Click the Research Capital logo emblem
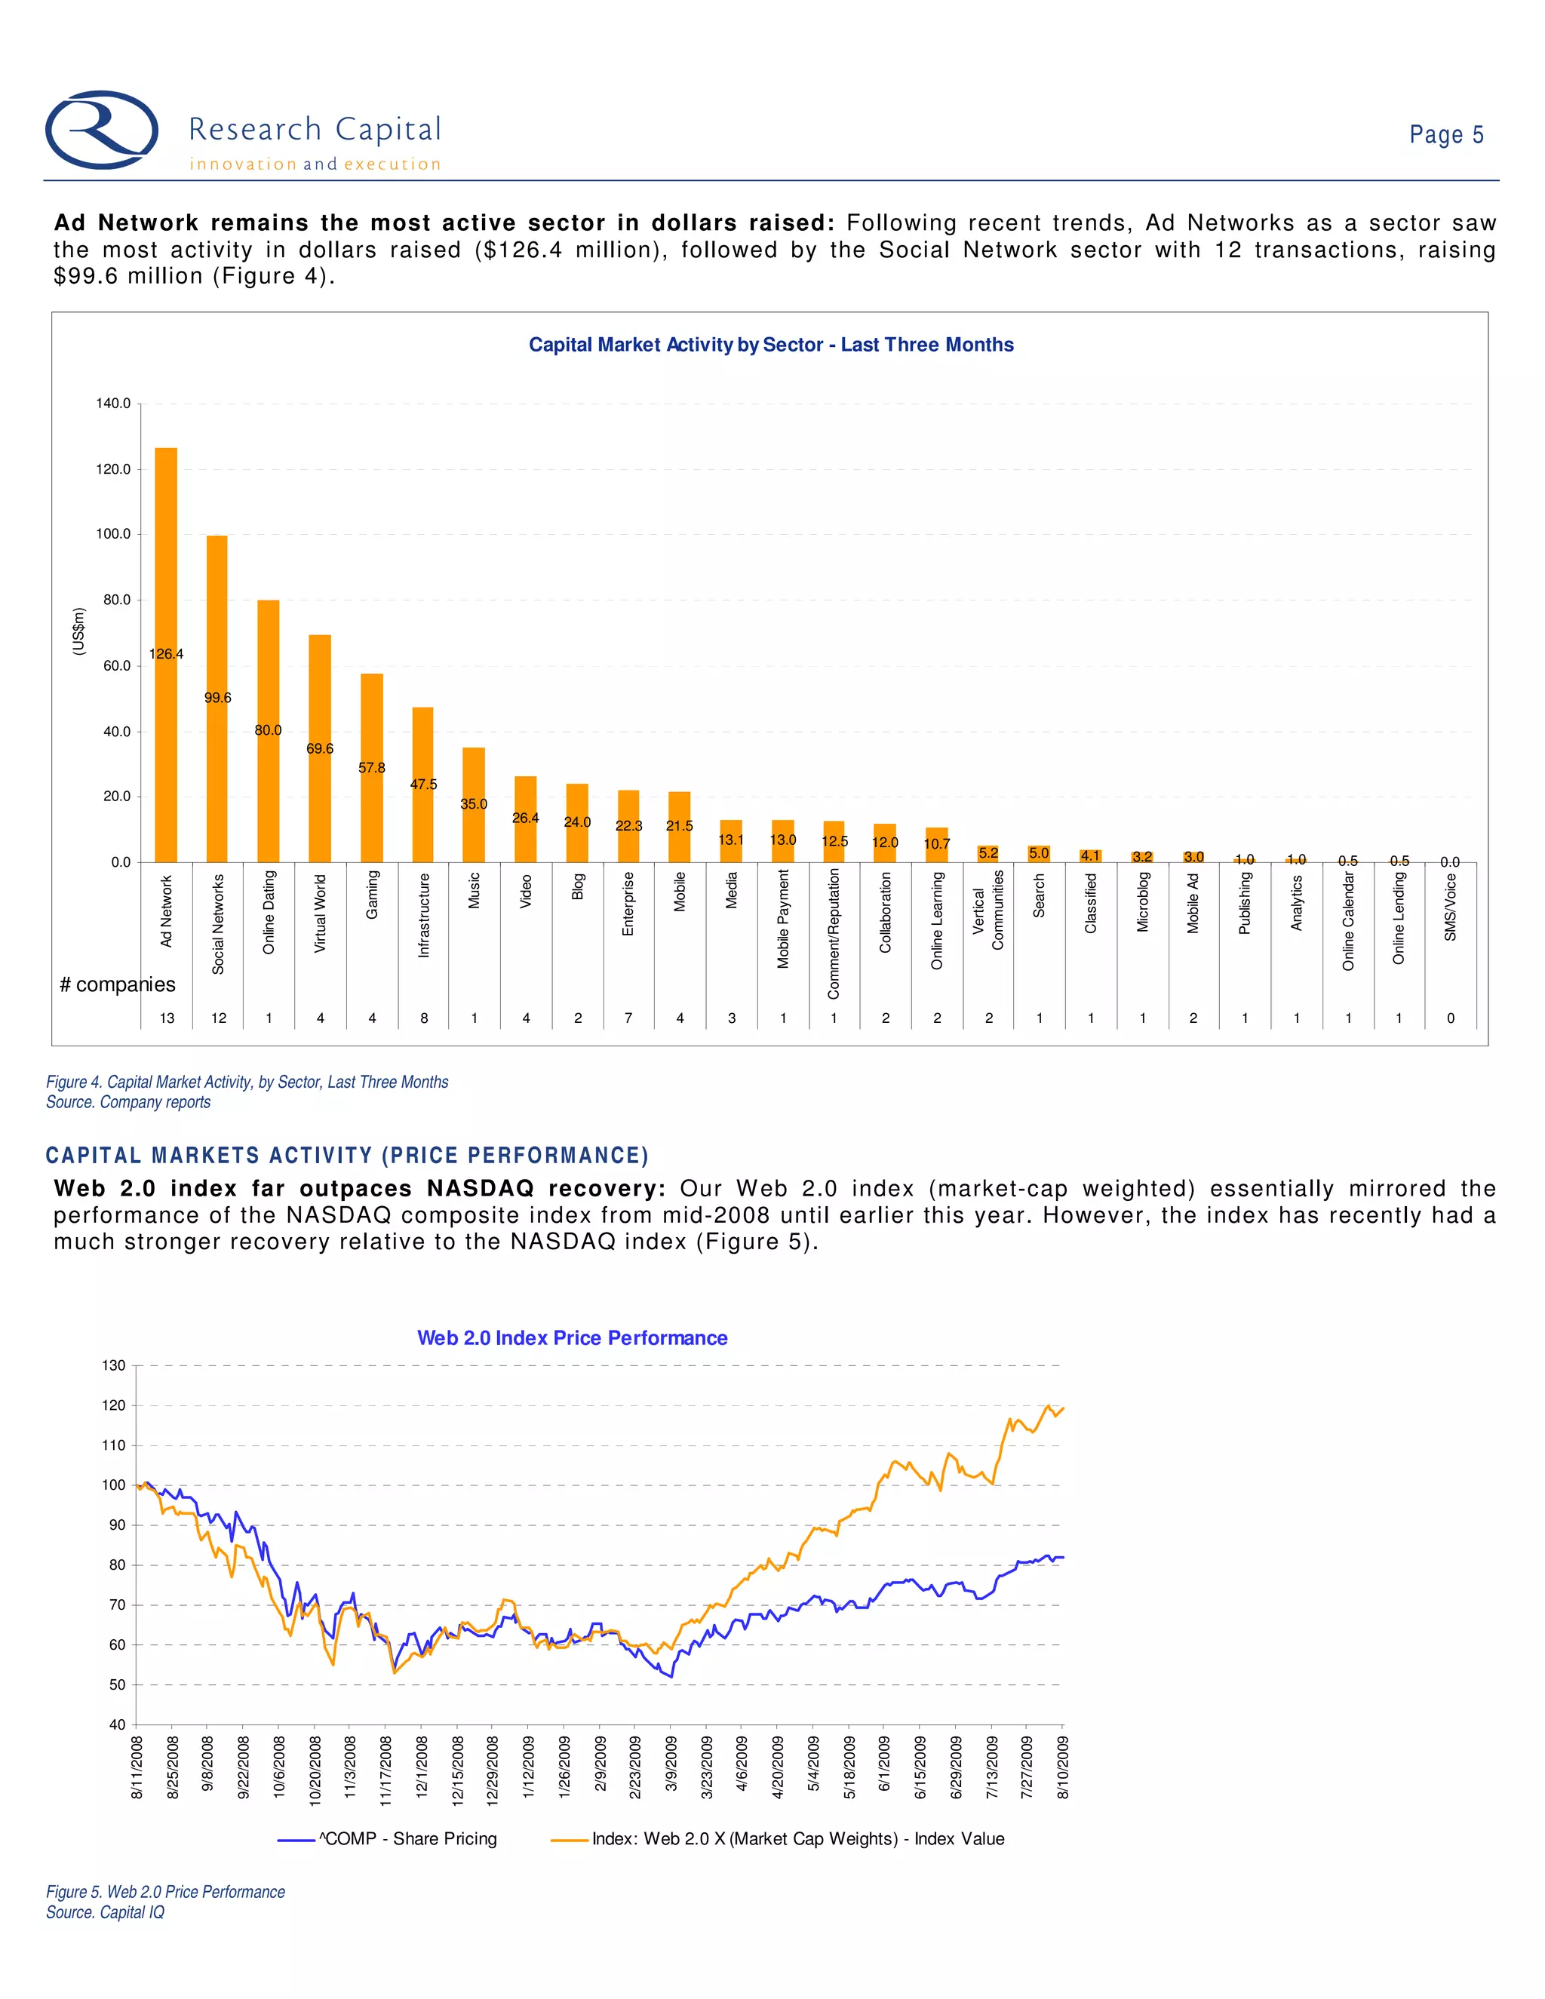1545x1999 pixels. [102, 130]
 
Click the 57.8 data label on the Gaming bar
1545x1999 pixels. [372, 768]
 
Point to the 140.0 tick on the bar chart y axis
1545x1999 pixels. [113, 404]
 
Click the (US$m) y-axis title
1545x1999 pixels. [80, 631]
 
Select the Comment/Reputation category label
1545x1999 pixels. [834, 934]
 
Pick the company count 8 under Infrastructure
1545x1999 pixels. [424, 1018]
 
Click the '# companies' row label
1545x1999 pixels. [117, 985]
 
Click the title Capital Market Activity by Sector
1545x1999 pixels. [771, 345]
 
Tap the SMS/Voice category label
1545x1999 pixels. [1451, 907]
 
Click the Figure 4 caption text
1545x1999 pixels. [247, 1082]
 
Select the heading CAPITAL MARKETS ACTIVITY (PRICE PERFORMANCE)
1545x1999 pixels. [347, 1155]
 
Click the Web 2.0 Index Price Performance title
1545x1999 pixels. [572, 1338]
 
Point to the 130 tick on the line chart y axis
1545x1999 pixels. [113, 1365]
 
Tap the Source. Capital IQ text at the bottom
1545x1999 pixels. [106, 1912]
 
